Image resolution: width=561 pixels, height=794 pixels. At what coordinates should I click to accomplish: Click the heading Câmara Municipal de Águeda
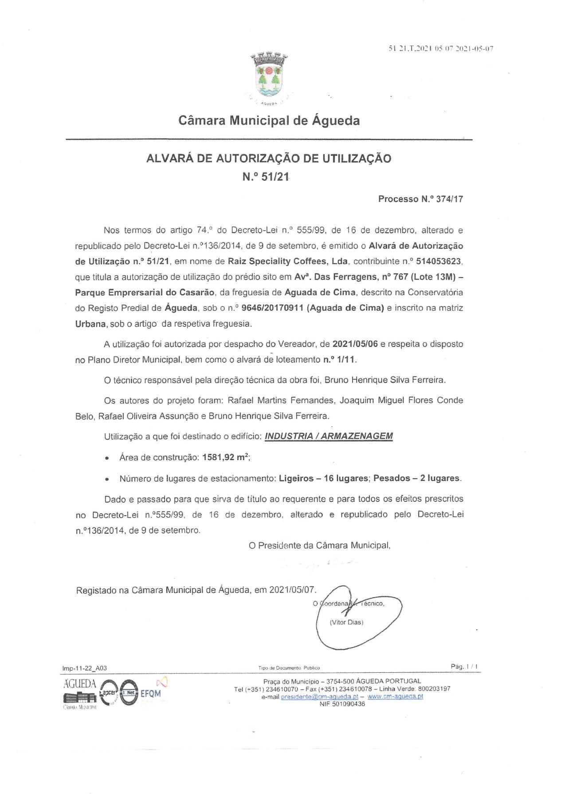[x=269, y=120]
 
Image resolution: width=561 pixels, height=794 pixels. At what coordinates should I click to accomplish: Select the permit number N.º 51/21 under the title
[x=266, y=177]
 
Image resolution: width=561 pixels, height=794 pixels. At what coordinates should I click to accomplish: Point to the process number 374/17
[x=450, y=199]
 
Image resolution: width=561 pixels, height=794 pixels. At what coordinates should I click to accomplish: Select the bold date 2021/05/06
[x=355, y=344]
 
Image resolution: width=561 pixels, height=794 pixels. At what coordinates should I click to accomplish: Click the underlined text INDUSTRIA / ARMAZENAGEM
[x=329, y=436]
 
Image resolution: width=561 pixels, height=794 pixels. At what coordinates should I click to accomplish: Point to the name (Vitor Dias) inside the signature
[x=346, y=622]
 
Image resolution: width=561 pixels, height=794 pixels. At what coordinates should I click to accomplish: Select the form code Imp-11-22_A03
[x=85, y=668]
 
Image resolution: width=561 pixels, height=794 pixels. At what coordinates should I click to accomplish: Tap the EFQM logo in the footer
[x=151, y=694]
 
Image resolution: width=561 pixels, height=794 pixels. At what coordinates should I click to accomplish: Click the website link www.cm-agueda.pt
[x=395, y=696]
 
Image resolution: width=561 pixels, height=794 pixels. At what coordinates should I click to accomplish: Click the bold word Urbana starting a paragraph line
[x=90, y=324]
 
